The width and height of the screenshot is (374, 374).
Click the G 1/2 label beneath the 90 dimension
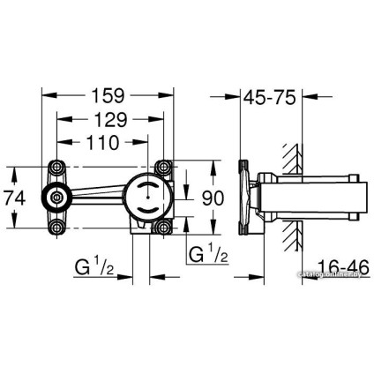click(211, 255)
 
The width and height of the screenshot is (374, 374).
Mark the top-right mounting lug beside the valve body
click(163, 168)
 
